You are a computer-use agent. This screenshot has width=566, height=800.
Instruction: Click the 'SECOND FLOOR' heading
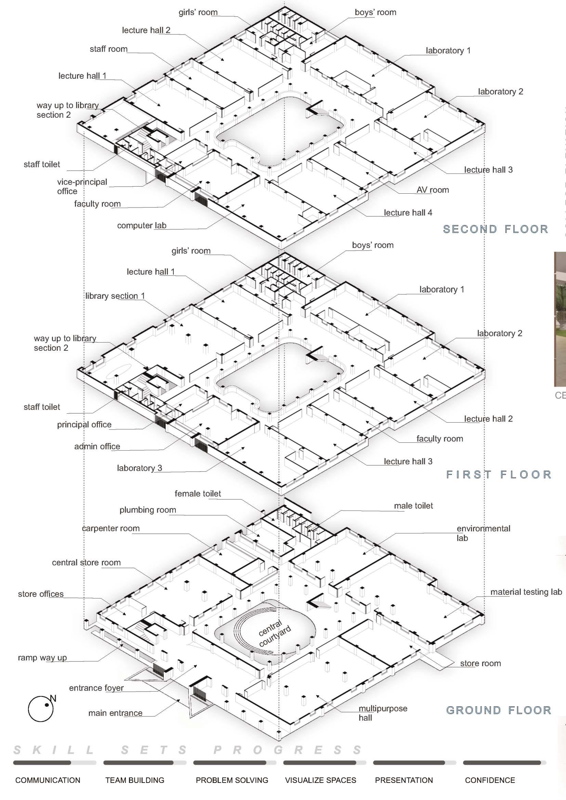tap(495, 229)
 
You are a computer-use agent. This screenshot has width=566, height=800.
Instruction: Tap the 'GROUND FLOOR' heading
tap(498, 710)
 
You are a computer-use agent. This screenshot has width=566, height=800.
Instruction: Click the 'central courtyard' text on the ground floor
tap(275, 633)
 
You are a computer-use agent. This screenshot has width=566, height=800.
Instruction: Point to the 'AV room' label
tap(433, 190)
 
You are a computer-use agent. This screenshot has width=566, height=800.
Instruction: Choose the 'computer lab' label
tap(142, 225)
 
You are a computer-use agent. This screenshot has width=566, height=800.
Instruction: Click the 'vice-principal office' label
tap(82, 186)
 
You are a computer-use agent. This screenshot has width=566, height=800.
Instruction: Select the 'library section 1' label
tap(115, 296)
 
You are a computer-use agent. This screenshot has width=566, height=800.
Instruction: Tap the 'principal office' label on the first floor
tap(84, 425)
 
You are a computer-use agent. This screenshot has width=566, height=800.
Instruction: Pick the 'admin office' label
tap(97, 447)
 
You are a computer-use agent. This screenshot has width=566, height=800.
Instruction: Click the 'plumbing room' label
tap(147, 510)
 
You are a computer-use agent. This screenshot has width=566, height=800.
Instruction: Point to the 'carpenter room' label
tap(110, 528)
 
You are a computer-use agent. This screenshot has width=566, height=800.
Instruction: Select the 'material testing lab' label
tap(526, 592)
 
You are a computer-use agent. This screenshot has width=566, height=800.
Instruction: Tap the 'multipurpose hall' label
tap(383, 713)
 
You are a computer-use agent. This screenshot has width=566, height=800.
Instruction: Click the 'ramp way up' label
tap(42, 658)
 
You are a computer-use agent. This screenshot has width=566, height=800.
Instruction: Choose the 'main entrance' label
tap(115, 713)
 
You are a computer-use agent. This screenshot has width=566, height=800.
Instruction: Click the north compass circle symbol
tap(41, 709)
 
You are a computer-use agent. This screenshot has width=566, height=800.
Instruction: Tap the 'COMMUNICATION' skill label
tap(48, 780)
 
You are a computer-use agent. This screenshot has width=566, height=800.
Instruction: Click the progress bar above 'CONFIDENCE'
tap(504, 763)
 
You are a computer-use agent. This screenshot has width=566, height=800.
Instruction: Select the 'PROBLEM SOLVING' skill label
tap(232, 780)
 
